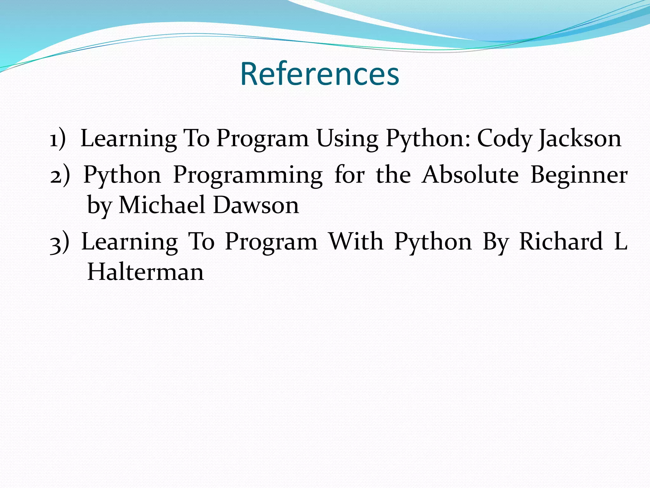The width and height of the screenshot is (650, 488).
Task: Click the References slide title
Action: tap(320, 74)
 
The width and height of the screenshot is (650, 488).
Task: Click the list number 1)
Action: tap(58, 139)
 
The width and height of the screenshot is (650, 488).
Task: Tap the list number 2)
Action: tap(60, 175)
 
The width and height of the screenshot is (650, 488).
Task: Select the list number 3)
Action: tap(60, 242)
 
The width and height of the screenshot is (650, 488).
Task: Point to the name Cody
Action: tap(505, 139)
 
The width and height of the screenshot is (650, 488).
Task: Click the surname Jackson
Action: tap(579, 139)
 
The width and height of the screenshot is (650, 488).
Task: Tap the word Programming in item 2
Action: tap(248, 175)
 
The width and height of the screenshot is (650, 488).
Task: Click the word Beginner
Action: tap(579, 175)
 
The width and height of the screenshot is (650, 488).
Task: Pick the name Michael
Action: tap(162, 205)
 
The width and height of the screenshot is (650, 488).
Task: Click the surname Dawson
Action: tap(256, 205)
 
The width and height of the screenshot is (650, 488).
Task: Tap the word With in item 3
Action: tap(356, 241)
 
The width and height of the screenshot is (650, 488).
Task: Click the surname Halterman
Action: tap(145, 272)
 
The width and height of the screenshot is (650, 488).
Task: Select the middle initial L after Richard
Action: tap(620, 241)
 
